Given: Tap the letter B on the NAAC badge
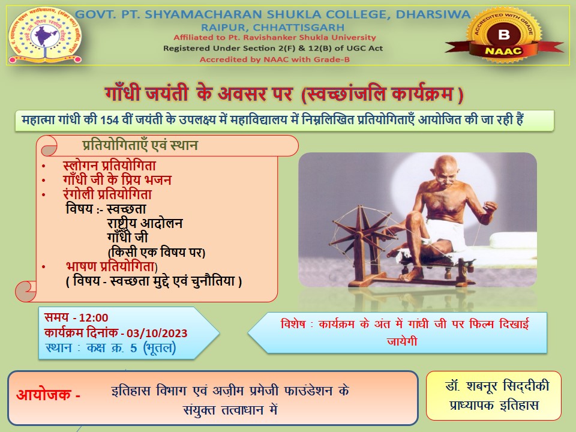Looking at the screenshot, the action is click(504, 35).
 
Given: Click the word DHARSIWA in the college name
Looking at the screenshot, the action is click(433, 14).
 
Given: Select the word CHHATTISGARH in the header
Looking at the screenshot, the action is click(299, 28).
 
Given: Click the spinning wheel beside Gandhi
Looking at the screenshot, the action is click(362, 242).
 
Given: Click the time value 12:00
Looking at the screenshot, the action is click(94, 318).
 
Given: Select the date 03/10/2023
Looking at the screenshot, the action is click(157, 333).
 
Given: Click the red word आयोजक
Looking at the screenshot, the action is click(44, 395).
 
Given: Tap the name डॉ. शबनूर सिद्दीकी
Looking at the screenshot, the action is click(497, 386).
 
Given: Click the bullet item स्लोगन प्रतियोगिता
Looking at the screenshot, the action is click(109, 166).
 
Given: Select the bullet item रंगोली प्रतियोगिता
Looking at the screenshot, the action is click(107, 194).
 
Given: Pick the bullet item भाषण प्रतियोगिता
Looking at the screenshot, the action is click(110, 266).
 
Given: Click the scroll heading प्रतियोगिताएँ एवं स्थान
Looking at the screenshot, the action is click(140, 145).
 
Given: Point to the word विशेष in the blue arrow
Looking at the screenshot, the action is click(293, 323).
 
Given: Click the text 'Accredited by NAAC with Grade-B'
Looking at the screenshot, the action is click(274, 59).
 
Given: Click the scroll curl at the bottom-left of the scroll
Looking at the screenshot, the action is click(26, 292).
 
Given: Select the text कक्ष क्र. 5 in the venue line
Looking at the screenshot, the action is click(112, 348).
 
